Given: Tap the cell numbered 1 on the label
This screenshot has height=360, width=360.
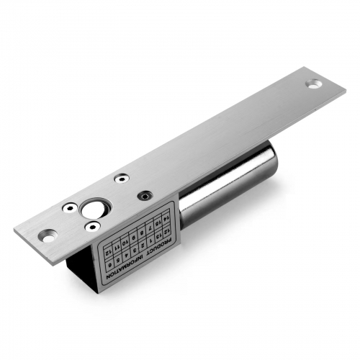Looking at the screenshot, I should [150, 240].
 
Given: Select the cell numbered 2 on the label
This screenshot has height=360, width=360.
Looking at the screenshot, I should [142, 245].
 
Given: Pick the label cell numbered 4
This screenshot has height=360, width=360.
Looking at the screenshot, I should [126, 255].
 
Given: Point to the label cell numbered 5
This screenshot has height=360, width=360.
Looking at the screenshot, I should [117, 260].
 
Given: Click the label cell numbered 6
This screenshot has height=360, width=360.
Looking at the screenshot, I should [109, 265].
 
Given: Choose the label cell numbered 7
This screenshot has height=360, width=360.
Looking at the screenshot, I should [150, 228].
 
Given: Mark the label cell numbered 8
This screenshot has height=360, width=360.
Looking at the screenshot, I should [142, 233].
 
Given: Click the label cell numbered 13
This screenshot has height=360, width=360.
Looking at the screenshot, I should [158, 236].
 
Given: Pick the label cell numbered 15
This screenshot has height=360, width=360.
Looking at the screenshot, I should [157, 222].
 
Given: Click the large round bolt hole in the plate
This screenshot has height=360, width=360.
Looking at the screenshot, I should [92, 210].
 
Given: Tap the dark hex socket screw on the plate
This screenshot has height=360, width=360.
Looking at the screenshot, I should [145, 194].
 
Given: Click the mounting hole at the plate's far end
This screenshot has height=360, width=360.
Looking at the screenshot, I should [313, 84].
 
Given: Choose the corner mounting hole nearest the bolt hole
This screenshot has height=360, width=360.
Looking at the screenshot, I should [48, 234].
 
